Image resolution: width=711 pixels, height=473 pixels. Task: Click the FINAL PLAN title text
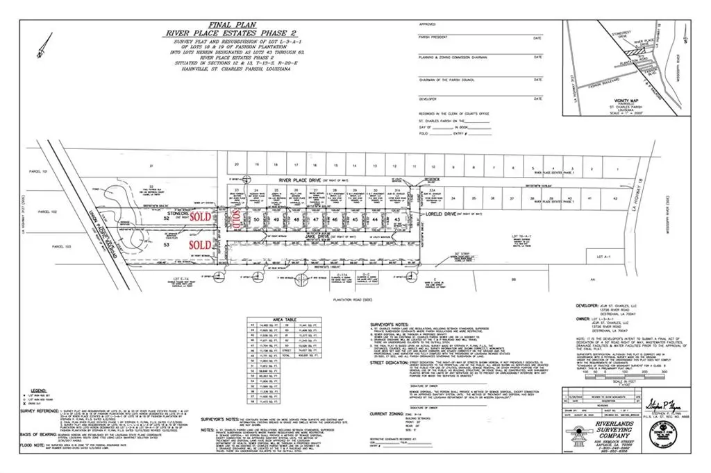tap(210, 23)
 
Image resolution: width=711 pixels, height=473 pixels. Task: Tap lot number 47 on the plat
tap(316, 218)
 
